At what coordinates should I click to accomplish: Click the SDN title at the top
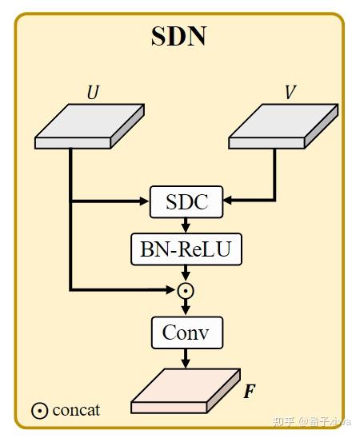[178, 37]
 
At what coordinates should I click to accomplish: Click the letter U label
[93, 93]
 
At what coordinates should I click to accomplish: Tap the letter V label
[290, 93]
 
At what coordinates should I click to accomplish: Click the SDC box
[186, 201]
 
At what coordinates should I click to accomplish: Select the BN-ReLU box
[186, 249]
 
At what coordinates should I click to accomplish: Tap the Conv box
[186, 332]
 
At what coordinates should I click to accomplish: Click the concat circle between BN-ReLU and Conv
[186, 290]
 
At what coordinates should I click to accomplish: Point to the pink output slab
[185, 391]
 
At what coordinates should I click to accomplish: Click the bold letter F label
[249, 392]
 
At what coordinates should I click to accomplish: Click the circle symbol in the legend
[40, 411]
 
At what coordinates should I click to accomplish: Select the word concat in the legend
[76, 411]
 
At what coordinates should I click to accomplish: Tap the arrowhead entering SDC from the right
[228, 201]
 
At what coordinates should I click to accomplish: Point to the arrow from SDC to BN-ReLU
[186, 225]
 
